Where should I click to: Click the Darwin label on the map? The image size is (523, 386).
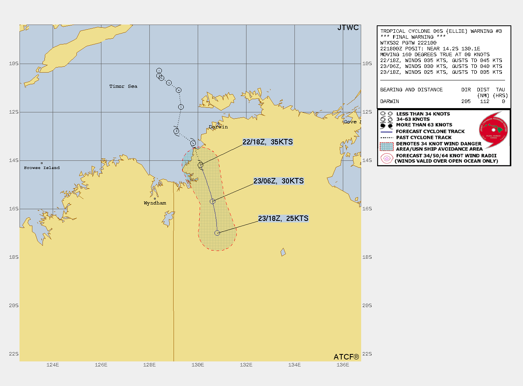(218, 127)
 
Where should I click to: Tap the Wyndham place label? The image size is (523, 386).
(155, 203)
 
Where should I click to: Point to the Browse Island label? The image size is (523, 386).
(42, 168)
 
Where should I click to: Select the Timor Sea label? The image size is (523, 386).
(123, 86)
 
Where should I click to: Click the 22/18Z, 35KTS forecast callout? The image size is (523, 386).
(268, 142)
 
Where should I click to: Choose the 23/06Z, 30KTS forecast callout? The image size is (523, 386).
(278, 181)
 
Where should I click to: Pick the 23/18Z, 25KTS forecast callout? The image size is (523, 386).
(283, 219)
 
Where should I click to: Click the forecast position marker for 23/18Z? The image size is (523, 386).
(217, 233)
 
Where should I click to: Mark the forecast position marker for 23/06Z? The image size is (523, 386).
(213, 201)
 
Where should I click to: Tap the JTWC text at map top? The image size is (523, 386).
(348, 28)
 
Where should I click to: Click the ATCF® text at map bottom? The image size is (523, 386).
(346, 357)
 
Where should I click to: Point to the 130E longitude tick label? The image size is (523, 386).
(198, 365)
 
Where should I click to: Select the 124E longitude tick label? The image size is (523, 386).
(53, 365)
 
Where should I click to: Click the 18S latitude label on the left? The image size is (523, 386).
(14, 257)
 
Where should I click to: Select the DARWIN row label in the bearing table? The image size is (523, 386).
(390, 101)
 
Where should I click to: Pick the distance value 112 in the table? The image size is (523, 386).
(484, 101)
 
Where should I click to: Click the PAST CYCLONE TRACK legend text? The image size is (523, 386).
(424, 137)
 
